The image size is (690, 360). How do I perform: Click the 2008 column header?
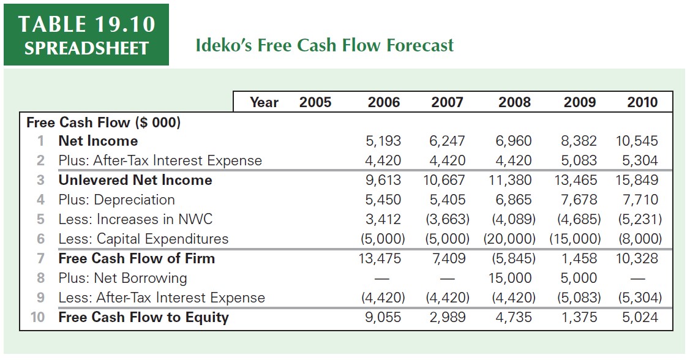click(514, 102)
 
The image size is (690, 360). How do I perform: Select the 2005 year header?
click(315, 102)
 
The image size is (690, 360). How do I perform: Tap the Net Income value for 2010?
click(637, 141)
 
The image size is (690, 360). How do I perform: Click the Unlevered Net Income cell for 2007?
click(444, 181)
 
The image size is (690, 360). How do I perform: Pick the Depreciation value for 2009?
click(579, 200)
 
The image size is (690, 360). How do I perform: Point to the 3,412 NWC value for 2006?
click(383, 220)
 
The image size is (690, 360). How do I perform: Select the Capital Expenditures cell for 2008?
click(509, 239)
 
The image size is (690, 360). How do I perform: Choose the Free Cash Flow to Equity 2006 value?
click(383, 318)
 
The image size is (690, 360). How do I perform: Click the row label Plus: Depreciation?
click(116, 200)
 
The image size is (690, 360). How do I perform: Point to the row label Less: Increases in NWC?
click(135, 220)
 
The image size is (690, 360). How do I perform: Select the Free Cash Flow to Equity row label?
click(143, 318)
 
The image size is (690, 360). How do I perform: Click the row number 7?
click(40, 259)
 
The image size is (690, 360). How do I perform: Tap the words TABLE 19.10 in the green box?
click(86, 24)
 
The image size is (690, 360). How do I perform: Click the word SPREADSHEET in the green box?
click(86, 48)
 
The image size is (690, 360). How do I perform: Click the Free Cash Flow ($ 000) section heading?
click(103, 122)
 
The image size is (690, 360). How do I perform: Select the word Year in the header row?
click(264, 102)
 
